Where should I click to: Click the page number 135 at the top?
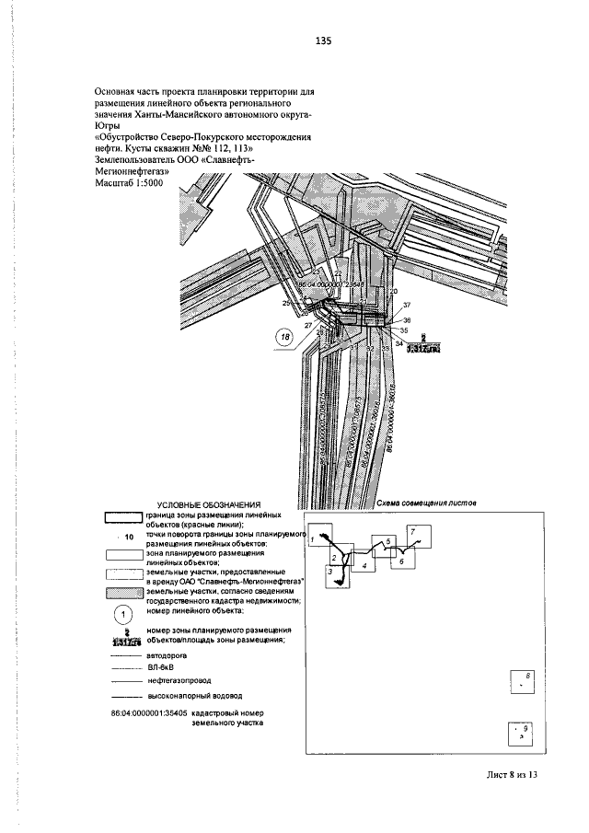pyautogui.click(x=322, y=41)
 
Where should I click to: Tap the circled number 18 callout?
pyautogui.click(x=286, y=339)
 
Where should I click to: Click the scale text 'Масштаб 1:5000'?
pyautogui.click(x=129, y=184)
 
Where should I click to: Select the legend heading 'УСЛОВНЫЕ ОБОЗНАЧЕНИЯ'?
pyautogui.click(x=209, y=504)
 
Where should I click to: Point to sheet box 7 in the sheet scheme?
pyautogui.click(x=415, y=534)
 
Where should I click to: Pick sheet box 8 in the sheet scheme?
pyautogui.click(x=523, y=682)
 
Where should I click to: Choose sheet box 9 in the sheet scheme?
pyautogui.click(x=522, y=734)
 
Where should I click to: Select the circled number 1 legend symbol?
pyautogui.click(x=120, y=615)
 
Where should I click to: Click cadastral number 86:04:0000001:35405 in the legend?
pyautogui.click(x=149, y=712)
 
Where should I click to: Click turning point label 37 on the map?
pyautogui.click(x=406, y=305)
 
